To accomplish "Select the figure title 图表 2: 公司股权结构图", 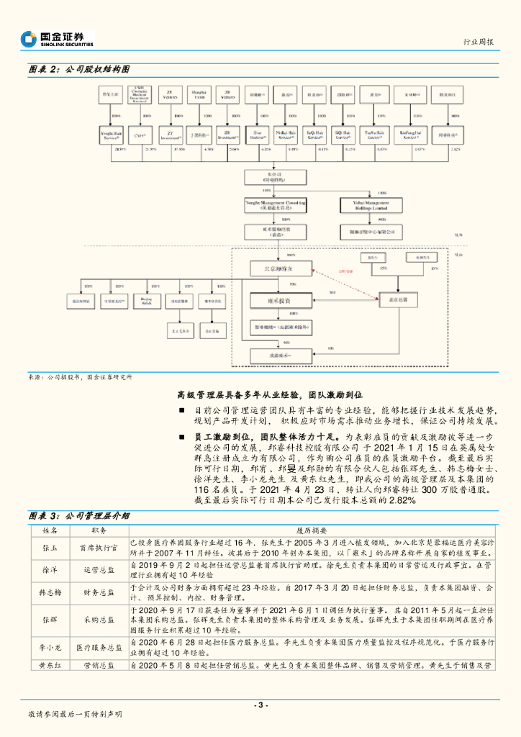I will pyautogui.click(x=78, y=70).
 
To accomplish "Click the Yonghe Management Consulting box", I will pyautogui.click(x=275, y=205).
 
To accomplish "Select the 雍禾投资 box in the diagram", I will pyautogui.click(x=280, y=298).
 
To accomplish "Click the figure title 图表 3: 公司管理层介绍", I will pyautogui.click(x=78, y=515).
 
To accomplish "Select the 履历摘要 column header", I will pyautogui.click(x=311, y=528).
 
